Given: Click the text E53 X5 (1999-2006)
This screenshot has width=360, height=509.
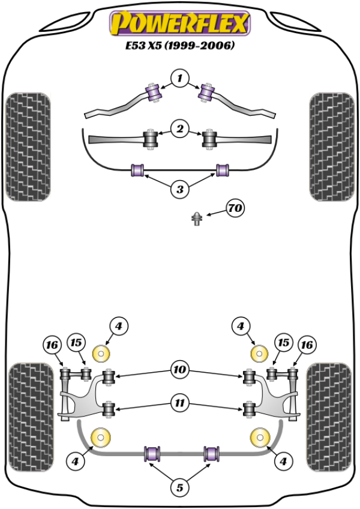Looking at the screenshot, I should [x=179, y=45].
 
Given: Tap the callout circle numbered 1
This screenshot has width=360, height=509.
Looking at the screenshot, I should [x=179, y=77].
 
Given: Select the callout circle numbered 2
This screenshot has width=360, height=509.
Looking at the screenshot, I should [x=179, y=128].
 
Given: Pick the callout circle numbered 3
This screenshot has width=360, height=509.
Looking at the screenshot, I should [x=179, y=190].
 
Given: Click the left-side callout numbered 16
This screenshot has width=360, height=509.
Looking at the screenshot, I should [x=52, y=345].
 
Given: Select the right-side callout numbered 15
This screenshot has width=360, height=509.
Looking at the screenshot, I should [x=283, y=343].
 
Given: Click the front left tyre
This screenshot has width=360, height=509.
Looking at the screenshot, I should [x=28, y=146].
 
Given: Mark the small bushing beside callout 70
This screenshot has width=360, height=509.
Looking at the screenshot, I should [x=197, y=220].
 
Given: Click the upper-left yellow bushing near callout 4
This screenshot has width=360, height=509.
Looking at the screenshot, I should [x=103, y=353].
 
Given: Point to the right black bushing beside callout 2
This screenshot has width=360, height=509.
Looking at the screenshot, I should [x=209, y=140].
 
